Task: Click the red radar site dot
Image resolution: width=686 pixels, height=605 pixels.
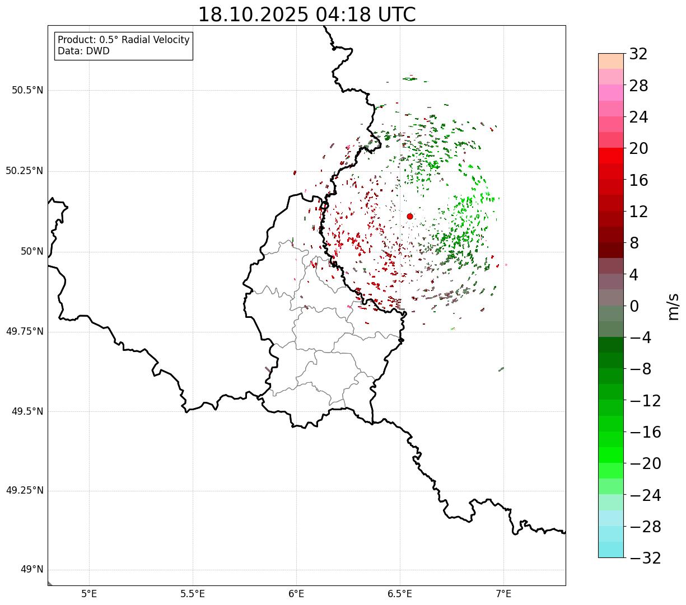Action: [x=410, y=216]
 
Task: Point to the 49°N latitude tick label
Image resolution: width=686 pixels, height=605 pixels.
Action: [x=32, y=570]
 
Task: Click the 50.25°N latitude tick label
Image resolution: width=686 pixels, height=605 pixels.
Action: [x=25, y=171]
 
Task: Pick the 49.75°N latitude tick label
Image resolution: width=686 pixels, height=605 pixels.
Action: [x=25, y=331]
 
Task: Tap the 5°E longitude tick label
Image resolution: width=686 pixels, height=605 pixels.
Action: [x=89, y=593]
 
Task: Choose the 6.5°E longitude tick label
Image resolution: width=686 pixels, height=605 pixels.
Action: [x=400, y=593]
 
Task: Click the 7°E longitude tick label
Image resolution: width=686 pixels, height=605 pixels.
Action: [x=503, y=593]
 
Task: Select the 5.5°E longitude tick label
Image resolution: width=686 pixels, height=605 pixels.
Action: [x=193, y=593]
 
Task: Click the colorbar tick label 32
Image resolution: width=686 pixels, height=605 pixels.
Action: [x=638, y=54]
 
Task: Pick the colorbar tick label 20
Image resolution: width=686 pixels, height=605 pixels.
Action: [x=638, y=149]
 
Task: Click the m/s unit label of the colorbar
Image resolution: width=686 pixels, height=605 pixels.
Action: [x=673, y=306]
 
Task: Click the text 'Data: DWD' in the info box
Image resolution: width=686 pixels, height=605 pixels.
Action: [x=83, y=51]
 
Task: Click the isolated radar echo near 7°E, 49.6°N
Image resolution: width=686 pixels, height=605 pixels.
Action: [x=501, y=369]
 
